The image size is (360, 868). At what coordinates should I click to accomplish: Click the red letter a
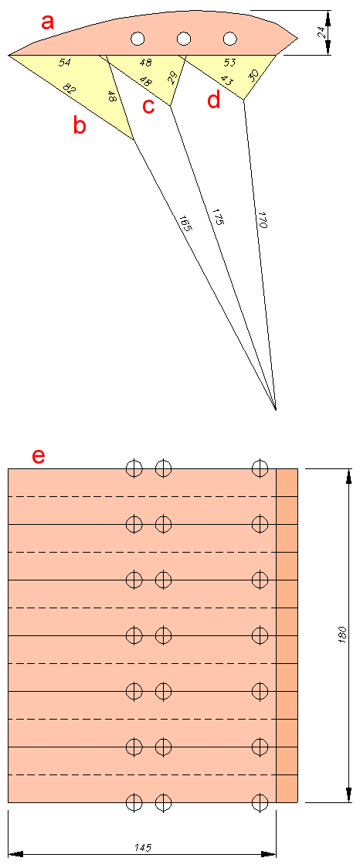pyautogui.click(x=49, y=23)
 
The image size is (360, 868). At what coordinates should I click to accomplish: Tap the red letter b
pyautogui.click(x=80, y=126)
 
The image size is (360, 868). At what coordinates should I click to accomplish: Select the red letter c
pyautogui.click(x=148, y=106)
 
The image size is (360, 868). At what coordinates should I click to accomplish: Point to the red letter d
pyautogui.click(x=213, y=100)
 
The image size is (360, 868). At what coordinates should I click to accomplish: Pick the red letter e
pyautogui.click(x=38, y=456)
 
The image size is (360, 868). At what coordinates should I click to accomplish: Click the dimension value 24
pyautogui.click(x=321, y=32)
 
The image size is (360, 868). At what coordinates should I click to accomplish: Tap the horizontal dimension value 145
pyautogui.click(x=144, y=847)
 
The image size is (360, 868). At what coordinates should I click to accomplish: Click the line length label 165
pyautogui.click(x=184, y=222)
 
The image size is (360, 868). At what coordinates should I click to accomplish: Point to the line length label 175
pyautogui.click(x=216, y=216)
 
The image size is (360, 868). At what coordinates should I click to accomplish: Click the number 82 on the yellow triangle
pyautogui.click(x=68, y=89)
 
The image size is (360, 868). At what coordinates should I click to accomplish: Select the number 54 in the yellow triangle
pyautogui.click(x=65, y=63)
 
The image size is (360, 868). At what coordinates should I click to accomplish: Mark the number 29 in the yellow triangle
pyautogui.click(x=174, y=77)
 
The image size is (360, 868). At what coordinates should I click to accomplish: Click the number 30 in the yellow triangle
pyautogui.click(x=253, y=75)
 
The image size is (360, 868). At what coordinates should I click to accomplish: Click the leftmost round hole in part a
pyautogui.click(x=138, y=38)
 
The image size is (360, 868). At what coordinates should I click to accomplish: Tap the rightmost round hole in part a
pyautogui.click(x=230, y=38)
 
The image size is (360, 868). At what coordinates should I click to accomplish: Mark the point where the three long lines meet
pyautogui.click(x=275, y=410)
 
